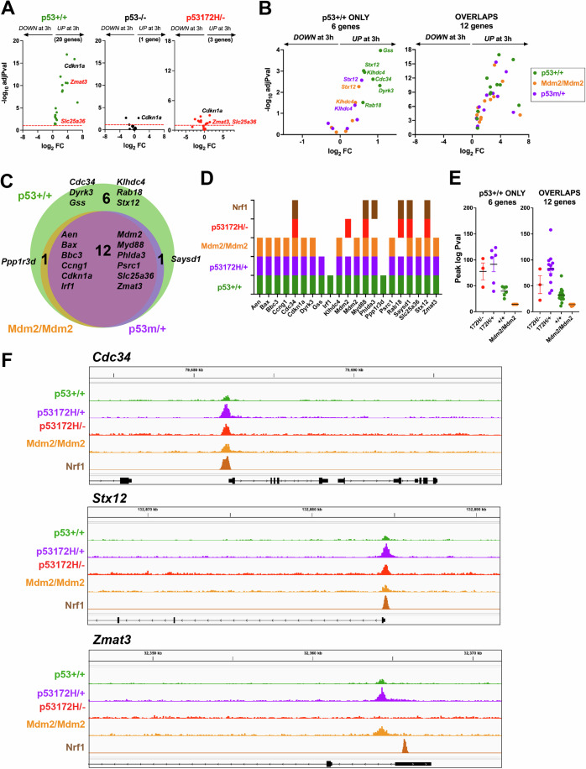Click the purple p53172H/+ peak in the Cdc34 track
225,411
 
